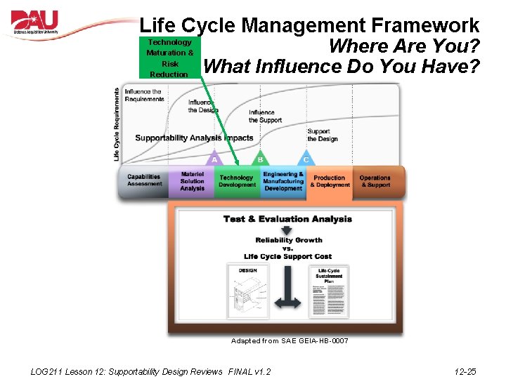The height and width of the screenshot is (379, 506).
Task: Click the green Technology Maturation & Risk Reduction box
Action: (x=169, y=58)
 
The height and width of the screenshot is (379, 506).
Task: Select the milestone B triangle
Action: (x=260, y=159)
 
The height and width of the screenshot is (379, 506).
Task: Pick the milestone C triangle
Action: (x=306, y=159)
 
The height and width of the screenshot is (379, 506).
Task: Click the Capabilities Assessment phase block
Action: (x=144, y=181)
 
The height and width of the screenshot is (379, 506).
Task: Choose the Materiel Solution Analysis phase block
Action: (x=192, y=181)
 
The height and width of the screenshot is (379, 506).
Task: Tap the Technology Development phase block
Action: (x=237, y=182)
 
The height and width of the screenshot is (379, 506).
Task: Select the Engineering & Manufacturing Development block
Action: (x=283, y=181)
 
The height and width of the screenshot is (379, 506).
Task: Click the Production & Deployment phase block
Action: (x=330, y=182)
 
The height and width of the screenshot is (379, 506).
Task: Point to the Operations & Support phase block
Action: (x=375, y=182)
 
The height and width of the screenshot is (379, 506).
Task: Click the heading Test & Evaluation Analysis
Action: (x=287, y=219)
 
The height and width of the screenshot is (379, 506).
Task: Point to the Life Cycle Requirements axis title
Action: (x=117, y=124)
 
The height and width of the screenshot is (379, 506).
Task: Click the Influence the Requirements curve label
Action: (x=144, y=95)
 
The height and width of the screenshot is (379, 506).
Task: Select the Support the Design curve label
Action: (x=322, y=135)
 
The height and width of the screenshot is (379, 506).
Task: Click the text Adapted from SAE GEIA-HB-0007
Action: (x=290, y=341)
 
